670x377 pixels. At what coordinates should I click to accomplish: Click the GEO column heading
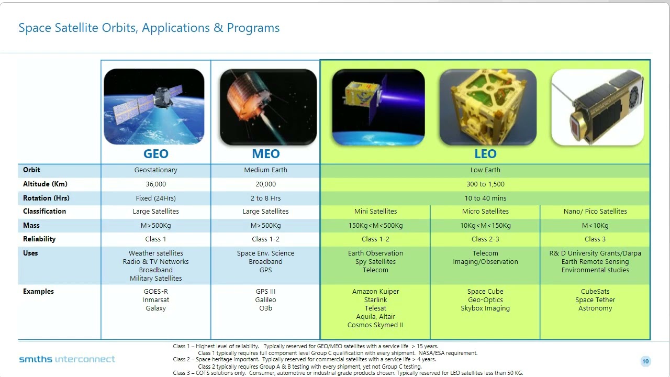click(x=156, y=154)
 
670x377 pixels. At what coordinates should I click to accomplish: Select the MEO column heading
click(x=266, y=154)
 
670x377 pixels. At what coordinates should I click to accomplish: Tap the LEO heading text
click(x=485, y=154)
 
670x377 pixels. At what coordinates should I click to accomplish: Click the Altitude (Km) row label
click(x=45, y=184)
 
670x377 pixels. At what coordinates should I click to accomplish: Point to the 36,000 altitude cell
click(x=156, y=184)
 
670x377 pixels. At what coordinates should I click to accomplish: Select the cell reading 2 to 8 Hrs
click(x=265, y=198)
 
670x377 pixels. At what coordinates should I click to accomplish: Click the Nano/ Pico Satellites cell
click(x=595, y=211)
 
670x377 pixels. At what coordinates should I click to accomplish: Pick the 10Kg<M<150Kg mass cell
click(x=485, y=225)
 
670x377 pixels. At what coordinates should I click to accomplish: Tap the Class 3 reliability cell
click(x=595, y=239)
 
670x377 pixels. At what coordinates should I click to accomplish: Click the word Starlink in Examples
click(x=375, y=300)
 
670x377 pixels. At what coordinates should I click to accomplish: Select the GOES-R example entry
click(x=156, y=292)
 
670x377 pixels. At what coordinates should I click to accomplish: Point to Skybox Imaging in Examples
click(x=485, y=308)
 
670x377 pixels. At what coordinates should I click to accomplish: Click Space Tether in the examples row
click(x=595, y=300)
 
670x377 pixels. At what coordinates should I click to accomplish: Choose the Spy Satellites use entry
click(x=375, y=262)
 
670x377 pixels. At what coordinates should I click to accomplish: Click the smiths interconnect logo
click(x=67, y=359)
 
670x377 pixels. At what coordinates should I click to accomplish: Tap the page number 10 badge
click(x=645, y=361)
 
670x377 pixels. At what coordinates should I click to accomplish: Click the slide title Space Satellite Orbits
click(x=149, y=28)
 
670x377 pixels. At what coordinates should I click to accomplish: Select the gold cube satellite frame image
click(x=487, y=107)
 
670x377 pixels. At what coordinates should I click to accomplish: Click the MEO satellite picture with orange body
click(x=268, y=107)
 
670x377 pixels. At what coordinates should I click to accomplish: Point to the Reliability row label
click(x=39, y=239)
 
